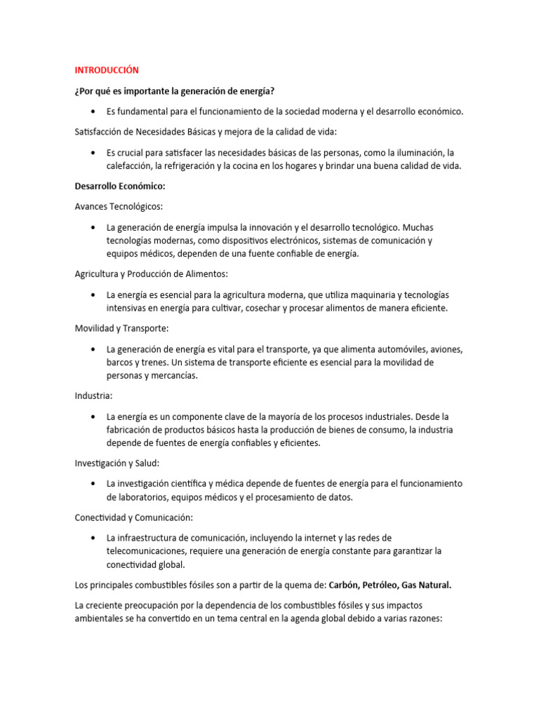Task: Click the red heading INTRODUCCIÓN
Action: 107,70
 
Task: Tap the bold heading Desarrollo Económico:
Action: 119,187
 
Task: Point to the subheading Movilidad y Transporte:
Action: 121,328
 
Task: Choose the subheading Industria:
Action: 93,395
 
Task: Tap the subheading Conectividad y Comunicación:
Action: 133,517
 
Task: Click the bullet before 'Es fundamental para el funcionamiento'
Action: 93,111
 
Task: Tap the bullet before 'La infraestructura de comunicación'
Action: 93,538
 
